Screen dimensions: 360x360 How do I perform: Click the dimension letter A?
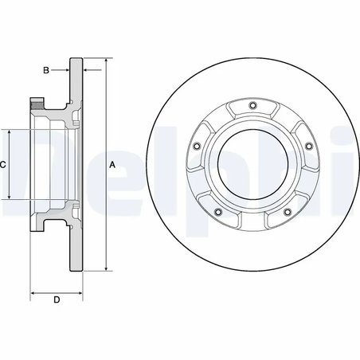coord(112,165)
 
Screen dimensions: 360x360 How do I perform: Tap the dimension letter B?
coord(46,71)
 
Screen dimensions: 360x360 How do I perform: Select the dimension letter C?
coord(4,164)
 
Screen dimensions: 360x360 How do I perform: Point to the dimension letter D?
coord(56,299)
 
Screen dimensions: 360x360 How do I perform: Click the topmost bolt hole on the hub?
coord(253,109)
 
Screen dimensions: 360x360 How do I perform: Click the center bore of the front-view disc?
coord(253,165)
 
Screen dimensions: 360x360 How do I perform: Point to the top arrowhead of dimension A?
coord(106,61)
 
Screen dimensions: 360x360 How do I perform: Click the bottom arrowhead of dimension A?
coord(106,269)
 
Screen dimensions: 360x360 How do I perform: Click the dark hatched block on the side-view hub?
coord(36,103)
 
